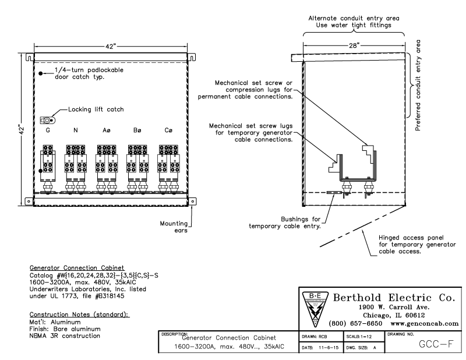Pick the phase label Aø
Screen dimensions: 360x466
pyautogui.click(x=108, y=131)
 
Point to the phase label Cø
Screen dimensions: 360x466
pyautogui.click(x=168, y=131)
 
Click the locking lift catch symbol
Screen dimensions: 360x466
pyautogui.click(x=48, y=121)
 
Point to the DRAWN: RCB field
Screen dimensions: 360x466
pyautogui.click(x=322, y=336)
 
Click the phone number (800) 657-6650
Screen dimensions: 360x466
pyautogui.click(x=354, y=322)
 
